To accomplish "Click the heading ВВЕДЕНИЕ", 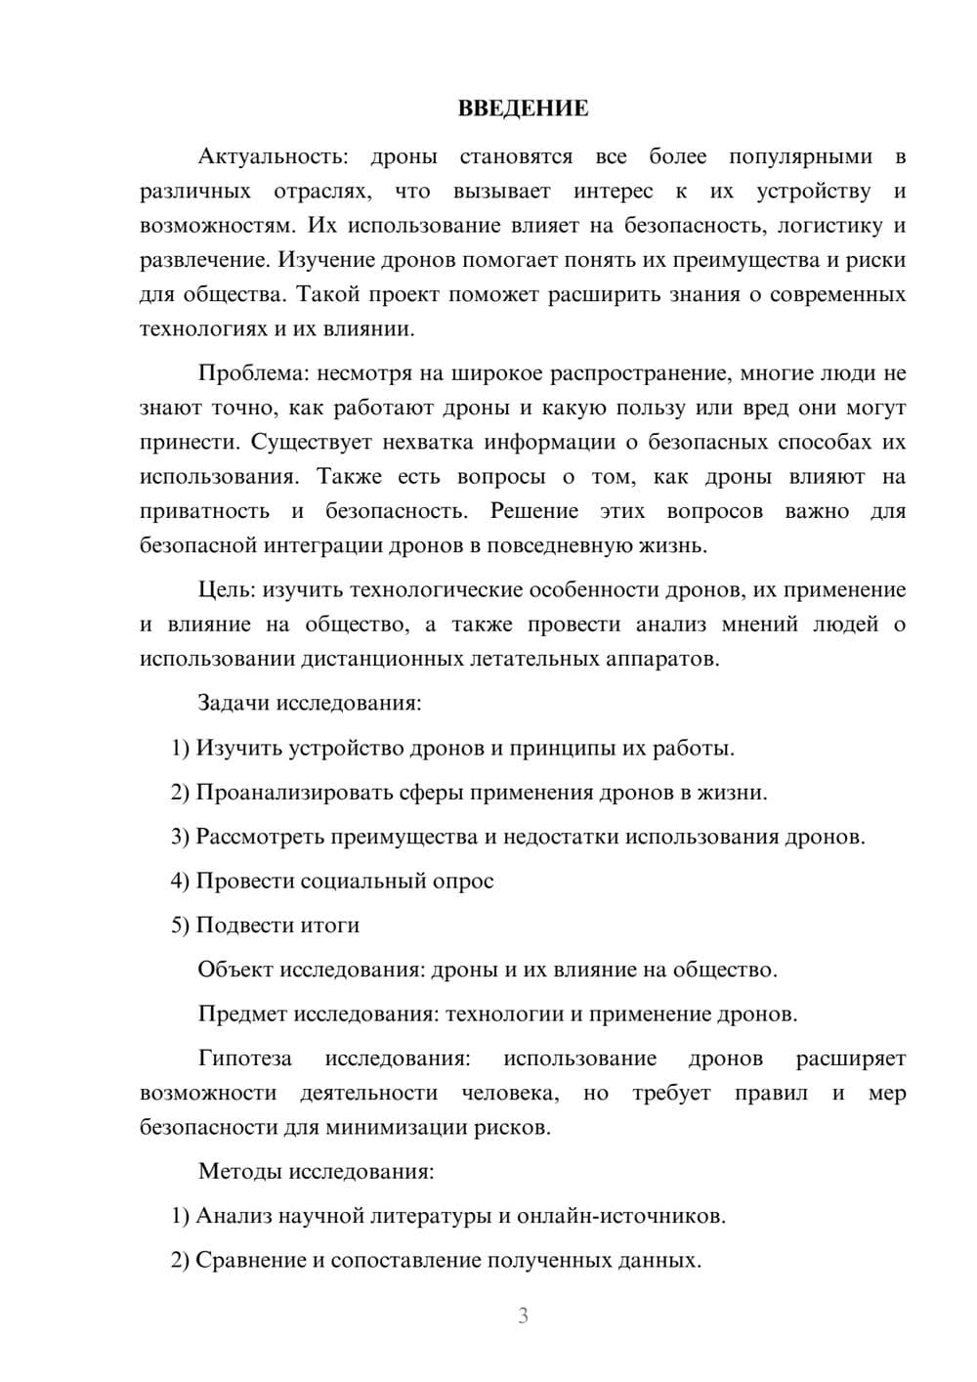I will (x=523, y=108).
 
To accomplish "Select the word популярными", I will (x=800, y=156).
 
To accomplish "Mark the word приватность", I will (x=204, y=511).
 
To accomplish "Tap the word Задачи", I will (x=234, y=703).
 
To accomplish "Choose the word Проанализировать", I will (x=294, y=793).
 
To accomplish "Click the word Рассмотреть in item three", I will (x=259, y=837).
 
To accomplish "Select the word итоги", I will (x=331, y=926).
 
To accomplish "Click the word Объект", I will (x=235, y=970).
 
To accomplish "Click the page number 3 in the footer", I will (x=523, y=1316).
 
